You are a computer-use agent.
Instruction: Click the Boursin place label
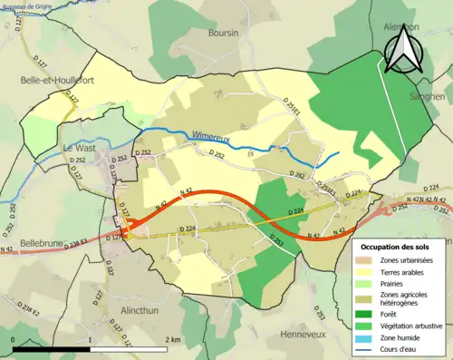coord(223,34)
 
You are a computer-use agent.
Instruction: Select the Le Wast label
coord(80,147)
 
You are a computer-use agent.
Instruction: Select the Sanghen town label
coord(427,96)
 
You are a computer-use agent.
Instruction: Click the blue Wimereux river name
coord(210,137)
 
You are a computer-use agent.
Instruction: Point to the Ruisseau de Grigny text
coord(27,5)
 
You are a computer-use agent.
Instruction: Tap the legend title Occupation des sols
coord(397,247)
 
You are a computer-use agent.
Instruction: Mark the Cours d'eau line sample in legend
coord(369,351)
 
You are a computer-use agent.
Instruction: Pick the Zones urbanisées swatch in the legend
coord(369,261)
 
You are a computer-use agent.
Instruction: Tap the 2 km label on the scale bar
coord(174,339)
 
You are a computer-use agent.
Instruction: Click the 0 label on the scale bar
coord(13,339)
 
